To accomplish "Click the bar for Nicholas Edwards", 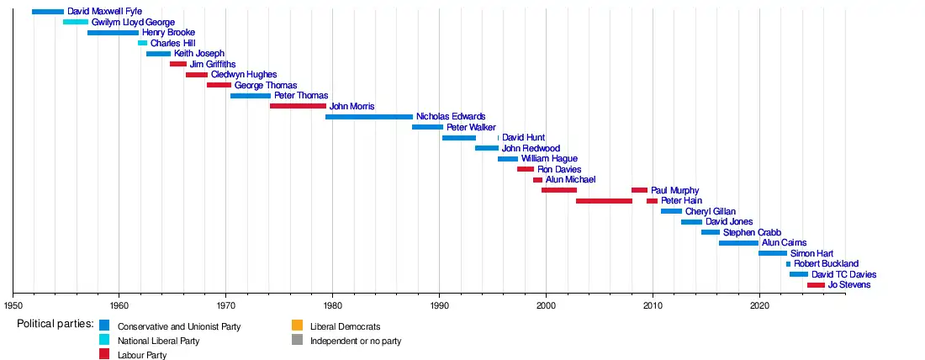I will point(368,117).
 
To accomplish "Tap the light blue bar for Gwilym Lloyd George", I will point(75,22).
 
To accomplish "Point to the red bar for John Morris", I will point(298,106).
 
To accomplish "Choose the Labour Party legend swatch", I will point(104,354).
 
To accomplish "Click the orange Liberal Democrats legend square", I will point(297,326).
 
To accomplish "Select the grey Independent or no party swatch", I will point(297,340).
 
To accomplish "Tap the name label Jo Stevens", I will point(848,285).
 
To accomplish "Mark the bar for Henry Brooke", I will point(113,33).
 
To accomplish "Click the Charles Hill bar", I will point(142,43).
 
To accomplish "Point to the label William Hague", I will point(549,159).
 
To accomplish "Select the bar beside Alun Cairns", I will point(738,243).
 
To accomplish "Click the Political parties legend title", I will point(55,325).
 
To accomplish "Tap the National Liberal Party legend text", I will point(158,341).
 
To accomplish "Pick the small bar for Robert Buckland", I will point(788,264).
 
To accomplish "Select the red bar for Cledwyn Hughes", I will point(197,75).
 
